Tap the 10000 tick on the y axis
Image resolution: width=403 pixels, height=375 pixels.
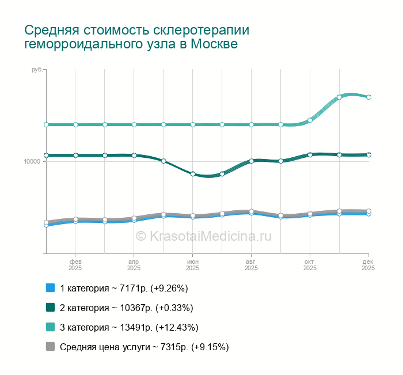(31, 161)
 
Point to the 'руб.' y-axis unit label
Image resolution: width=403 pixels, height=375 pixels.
(37, 69)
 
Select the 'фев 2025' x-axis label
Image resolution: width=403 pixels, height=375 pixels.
(75, 264)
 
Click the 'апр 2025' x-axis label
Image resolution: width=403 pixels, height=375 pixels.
(134, 264)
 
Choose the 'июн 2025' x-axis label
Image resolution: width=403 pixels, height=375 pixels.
(192, 264)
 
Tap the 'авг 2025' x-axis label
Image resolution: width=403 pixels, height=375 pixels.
(251, 264)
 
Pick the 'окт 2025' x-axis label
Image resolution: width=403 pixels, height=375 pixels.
(310, 264)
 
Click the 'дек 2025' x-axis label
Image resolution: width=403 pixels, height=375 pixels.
(368, 264)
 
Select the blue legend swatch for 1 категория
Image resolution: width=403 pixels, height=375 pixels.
(50, 288)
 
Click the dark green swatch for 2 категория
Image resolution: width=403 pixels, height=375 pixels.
(50, 308)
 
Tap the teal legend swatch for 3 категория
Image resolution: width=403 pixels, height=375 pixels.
(50, 327)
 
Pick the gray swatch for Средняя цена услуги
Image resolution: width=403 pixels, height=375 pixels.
(50, 347)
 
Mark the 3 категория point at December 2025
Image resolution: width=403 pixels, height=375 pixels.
(368, 97)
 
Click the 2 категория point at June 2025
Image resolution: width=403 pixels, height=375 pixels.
(193, 174)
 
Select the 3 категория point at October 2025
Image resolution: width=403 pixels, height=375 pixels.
(310, 120)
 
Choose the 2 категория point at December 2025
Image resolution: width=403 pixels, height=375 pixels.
(368, 155)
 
